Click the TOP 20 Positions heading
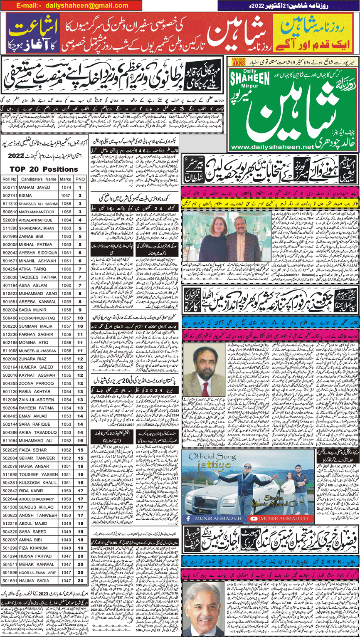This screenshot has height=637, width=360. [44, 170]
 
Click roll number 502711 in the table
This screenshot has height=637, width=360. [10, 188]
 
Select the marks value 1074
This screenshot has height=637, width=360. [66, 188]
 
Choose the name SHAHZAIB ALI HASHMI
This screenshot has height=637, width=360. [39, 204]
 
